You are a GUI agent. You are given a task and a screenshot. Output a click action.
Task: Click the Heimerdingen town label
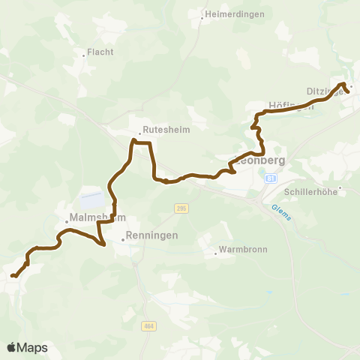pyautogui.click(x=233, y=13)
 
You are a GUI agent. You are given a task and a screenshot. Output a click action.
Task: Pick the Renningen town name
pyautogui.click(x=152, y=235)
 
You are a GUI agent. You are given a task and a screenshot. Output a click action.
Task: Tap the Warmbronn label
pyautogui.click(x=242, y=250)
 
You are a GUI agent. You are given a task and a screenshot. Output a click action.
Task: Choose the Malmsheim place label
pyautogui.click(x=95, y=218)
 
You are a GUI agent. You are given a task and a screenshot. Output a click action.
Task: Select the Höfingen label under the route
pyautogui.click(x=290, y=106)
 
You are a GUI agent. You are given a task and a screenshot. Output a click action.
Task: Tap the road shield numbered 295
pyautogui.click(x=181, y=208)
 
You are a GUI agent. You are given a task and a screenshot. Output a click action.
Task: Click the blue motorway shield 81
pyautogui.click(x=271, y=178)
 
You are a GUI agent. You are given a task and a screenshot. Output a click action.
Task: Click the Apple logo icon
pyautogui.click(x=11, y=347)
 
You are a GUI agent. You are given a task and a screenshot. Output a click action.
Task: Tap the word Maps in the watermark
pyautogui.click(x=33, y=347)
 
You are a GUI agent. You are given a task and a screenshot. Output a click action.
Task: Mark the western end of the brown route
pyautogui.click(x=12, y=276)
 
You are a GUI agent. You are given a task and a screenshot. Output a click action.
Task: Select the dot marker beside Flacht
pyautogui.click(x=83, y=55)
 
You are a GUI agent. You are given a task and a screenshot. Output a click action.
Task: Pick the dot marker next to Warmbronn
pyautogui.click(x=216, y=252)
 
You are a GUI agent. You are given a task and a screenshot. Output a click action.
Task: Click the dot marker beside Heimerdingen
pyautogui.click(x=203, y=14)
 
